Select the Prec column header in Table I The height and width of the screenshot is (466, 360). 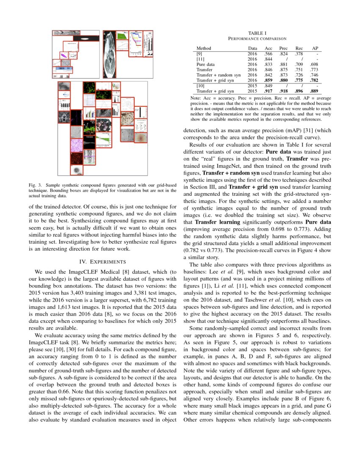(283, 48)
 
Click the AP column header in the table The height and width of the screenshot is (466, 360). (315, 48)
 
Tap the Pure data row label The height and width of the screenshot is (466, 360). (205, 64)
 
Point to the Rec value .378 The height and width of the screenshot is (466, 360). (299, 54)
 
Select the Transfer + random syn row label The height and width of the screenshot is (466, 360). (219, 75)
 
